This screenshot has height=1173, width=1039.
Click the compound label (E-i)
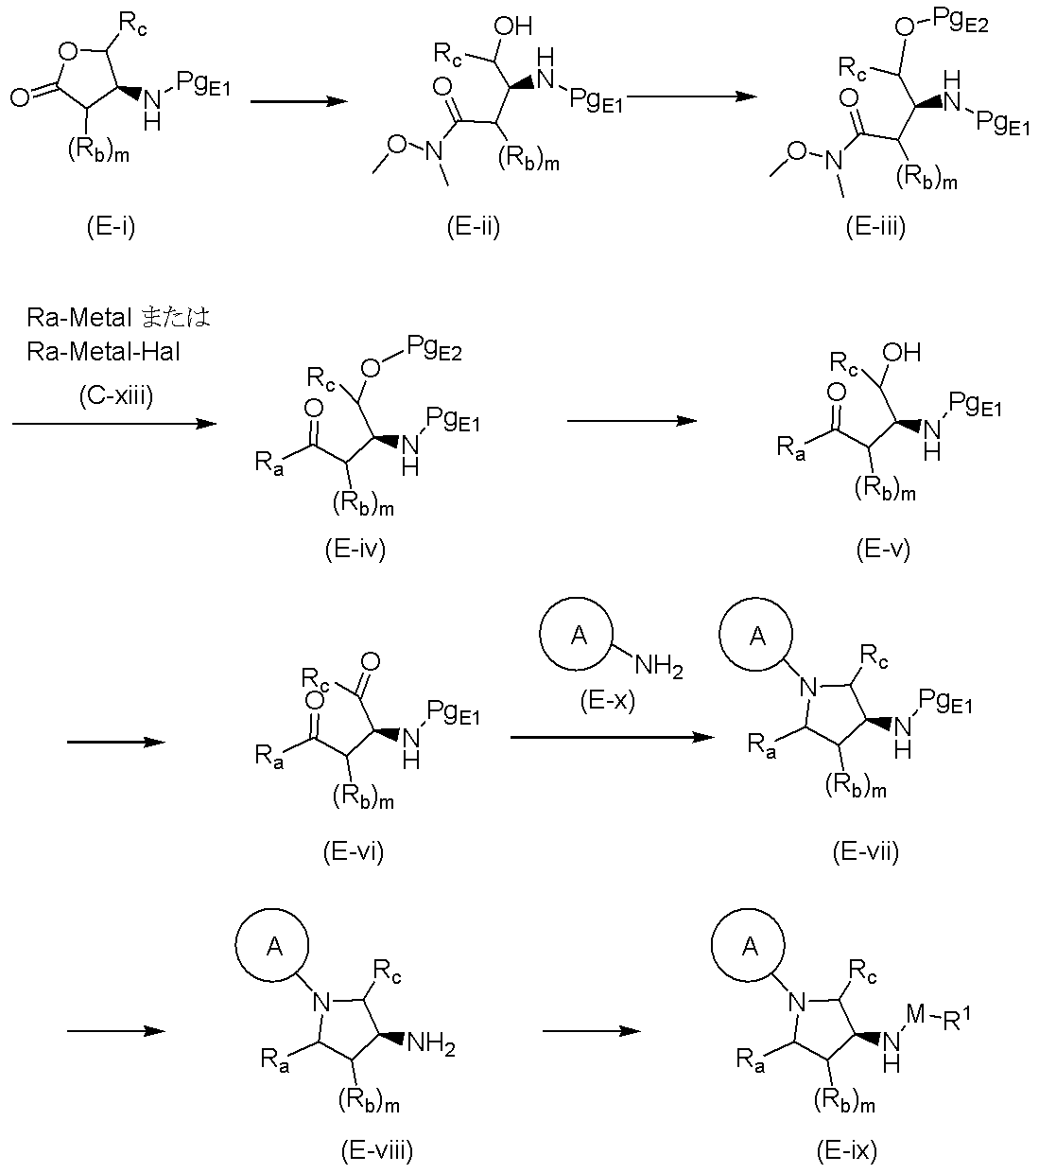point(111,226)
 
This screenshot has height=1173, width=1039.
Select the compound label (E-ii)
point(473,226)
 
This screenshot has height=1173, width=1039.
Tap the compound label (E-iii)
point(875,226)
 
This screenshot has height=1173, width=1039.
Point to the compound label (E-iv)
point(355,549)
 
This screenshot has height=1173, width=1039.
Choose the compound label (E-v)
point(883,549)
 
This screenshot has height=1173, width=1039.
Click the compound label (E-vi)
point(353,851)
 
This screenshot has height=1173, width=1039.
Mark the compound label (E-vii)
point(865,851)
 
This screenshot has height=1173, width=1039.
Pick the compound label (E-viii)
point(377,1150)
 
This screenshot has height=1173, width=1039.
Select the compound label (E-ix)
point(847,1150)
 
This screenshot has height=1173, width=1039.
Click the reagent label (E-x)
point(608,701)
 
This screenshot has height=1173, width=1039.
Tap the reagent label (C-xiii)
point(115,396)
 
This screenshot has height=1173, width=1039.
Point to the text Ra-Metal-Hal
point(103,352)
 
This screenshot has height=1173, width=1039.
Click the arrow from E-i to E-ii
point(299,101)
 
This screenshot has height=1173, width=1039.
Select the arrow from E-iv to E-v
point(632,421)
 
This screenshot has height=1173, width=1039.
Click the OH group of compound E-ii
point(512,26)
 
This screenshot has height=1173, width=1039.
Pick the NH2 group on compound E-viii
point(431,1043)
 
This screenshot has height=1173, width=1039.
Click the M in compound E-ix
point(916,1013)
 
